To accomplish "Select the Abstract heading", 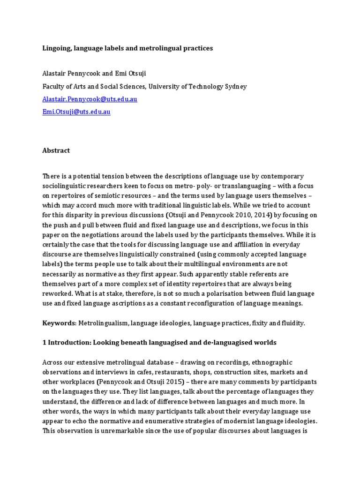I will pyautogui.click(x=56, y=150).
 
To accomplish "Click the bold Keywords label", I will pyautogui.click(x=58, y=323).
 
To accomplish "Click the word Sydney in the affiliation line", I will pyautogui.click(x=236, y=87).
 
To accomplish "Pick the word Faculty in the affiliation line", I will pyautogui.click(x=54, y=87).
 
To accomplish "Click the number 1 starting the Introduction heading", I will pyautogui.click(x=45, y=343).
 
